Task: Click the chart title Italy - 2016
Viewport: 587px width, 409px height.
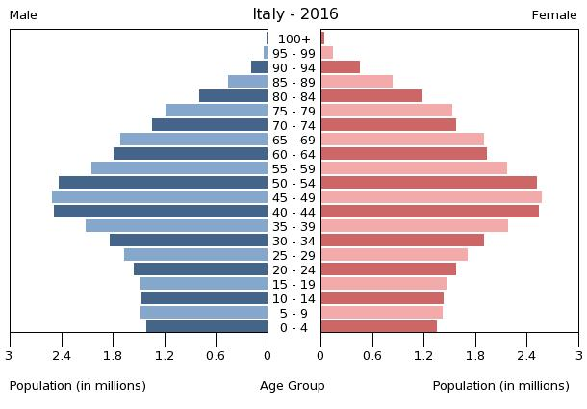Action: click(294, 14)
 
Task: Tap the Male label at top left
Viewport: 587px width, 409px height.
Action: click(23, 15)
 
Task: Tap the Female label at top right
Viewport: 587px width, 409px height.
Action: click(554, 15)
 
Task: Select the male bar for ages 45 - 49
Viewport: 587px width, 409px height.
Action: click(160, 197)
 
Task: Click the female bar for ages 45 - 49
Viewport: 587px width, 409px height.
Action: click(431, 197)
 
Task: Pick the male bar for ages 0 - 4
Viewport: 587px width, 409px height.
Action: click(207, 327)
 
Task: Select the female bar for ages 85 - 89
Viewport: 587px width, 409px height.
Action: click(357, 82)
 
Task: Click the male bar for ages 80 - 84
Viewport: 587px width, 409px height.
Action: click(234, 96)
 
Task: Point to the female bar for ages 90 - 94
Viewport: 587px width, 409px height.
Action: click(341, 67)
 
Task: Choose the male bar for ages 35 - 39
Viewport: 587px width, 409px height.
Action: click(177, 226)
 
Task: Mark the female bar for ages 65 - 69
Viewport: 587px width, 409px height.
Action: click(402, 140)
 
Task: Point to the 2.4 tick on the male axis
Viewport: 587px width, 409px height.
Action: click(62, 355)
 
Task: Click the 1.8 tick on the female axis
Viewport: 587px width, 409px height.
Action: click(475, 355)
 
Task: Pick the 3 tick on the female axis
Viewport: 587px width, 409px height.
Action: click(578, 355)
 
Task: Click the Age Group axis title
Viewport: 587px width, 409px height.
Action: click(293, 386)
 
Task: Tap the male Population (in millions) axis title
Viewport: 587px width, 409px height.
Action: click(78, 386)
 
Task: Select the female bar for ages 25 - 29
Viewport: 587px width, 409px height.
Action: click(395, 255)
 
